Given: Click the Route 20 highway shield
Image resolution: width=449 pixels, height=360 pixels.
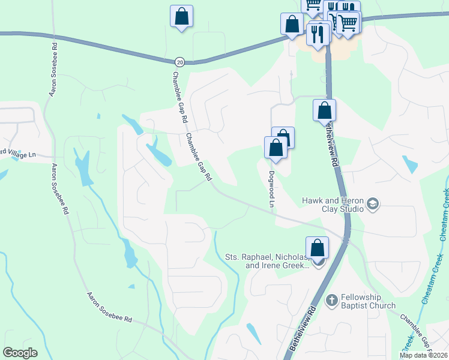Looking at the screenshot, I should (x=179, y=62).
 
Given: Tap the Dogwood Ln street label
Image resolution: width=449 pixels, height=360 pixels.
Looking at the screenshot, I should (x=271, y=190).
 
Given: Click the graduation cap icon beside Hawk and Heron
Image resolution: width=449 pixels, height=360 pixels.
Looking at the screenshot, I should (x=373, y=205).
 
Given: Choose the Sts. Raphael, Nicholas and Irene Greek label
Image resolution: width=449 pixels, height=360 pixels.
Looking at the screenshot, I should (x=267, y=261).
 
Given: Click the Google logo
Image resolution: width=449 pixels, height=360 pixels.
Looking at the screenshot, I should (x=20, y=353).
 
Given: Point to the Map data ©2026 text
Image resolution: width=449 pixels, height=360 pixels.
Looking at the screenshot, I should (x=424, y=355).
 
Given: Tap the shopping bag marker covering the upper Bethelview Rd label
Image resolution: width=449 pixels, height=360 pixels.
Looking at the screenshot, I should (x=324, y=110).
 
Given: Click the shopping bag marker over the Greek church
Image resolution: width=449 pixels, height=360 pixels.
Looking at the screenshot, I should (x=317, y=247).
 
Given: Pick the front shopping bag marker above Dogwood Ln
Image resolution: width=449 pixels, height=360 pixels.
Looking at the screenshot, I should (x=276, y=148).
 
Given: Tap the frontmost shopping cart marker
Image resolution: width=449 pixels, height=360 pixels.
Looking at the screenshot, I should (x=348, y=23).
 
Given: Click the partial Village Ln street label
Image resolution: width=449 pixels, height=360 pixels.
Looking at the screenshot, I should (x=18, y=154).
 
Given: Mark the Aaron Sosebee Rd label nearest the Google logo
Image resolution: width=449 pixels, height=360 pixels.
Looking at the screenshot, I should (x=109, y=308).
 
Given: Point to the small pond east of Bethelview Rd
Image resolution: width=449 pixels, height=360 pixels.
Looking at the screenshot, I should (x=410, y=164).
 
